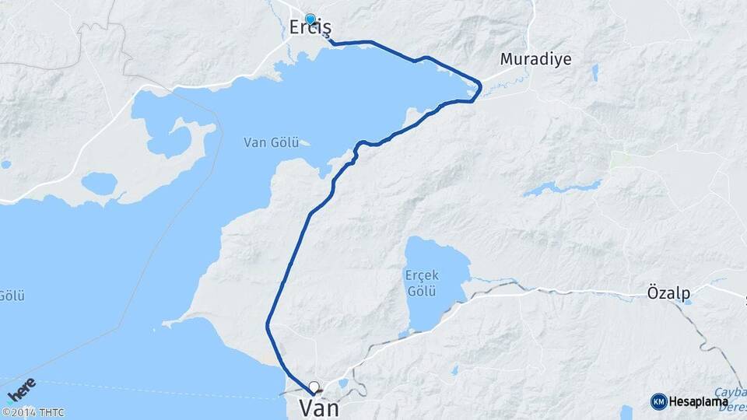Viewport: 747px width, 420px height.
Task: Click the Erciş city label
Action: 310,28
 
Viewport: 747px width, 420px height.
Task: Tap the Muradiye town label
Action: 536,59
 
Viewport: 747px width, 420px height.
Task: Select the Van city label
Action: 319,408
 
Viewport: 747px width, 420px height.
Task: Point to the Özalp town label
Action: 668,293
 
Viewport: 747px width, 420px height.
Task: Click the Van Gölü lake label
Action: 267,142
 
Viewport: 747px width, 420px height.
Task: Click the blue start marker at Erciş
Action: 310,19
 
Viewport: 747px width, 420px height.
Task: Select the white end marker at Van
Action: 314,386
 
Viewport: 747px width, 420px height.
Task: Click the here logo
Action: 21,390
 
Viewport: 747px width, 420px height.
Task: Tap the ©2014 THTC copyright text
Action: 33,412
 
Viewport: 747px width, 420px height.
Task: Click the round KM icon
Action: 658,401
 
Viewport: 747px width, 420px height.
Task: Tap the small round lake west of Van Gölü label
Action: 99,184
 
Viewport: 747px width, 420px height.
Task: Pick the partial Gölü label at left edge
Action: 12,296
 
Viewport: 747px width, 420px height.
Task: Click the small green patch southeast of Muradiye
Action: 621,159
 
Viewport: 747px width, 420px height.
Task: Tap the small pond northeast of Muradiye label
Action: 595,73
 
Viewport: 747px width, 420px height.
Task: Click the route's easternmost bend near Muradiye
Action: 481,83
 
